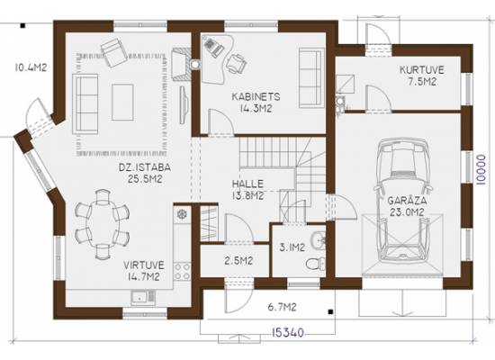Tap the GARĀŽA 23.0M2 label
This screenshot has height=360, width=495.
point(407,206)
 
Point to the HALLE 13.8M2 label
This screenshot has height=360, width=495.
point(247,190)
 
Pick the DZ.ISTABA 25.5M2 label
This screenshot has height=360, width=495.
point(145,173)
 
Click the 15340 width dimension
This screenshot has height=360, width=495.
point(288,332)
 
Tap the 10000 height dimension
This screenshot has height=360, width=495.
point(481,169)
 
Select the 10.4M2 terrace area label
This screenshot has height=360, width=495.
point(31,67)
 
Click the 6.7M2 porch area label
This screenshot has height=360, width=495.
point(283,307)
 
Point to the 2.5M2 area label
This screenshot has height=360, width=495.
point(238,261)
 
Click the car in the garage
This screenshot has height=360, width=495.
point(403,201)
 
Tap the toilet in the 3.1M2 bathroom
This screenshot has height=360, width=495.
point(316,263)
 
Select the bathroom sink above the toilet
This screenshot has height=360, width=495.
point(318,239)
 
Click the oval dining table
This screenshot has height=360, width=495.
point(103,224)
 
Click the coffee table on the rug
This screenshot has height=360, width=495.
point(122,102)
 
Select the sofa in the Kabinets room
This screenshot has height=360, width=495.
point(311,78)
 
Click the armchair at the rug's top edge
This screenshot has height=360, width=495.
point(114,52)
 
